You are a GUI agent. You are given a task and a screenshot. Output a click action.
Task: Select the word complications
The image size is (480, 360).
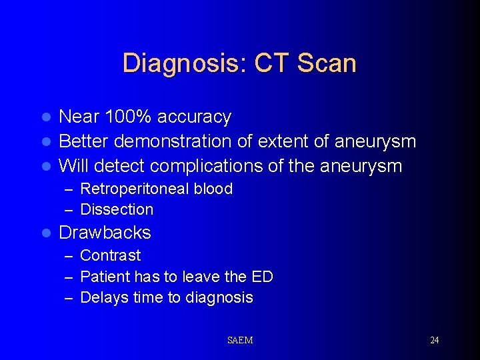(x=225, y=165)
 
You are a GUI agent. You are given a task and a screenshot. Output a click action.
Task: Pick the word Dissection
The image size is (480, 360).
(x=117, y=209)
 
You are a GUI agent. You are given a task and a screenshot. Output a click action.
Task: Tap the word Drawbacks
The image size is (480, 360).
(x=105, y=233)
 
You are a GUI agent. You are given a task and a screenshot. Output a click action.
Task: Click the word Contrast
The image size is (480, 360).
(x=110, y=255)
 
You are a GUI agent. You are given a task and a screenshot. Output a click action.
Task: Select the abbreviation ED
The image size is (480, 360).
(x=263, y=277)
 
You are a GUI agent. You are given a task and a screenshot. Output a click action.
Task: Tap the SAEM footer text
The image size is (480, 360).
(x=240, y=341)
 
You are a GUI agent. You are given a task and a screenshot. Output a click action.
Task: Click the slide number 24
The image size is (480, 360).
(x=434, y=341)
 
